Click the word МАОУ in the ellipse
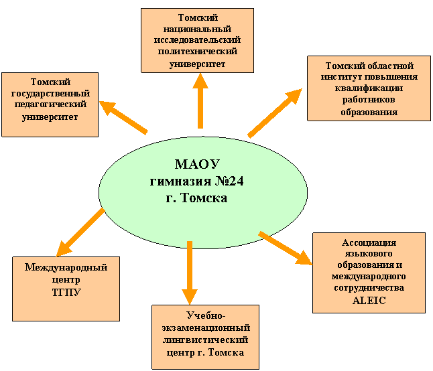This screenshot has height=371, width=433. (197, 164)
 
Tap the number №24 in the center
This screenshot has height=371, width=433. (229, 181)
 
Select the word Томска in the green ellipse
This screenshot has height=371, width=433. (204, 198)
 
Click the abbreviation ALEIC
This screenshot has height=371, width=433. (369, 301)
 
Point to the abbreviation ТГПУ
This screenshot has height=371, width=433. (66, 293)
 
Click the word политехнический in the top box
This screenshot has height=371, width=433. (198, 52)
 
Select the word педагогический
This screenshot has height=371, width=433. (50, 105)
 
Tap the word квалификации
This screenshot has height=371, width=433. (369, 88)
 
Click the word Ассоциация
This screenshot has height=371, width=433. (369, 242)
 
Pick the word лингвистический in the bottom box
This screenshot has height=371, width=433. (206, 340)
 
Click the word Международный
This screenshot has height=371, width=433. (66, 267)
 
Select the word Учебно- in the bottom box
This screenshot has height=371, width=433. (206, 315)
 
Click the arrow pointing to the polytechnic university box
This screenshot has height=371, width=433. (200, 101)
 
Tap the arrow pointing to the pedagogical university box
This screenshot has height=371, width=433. (123, 117)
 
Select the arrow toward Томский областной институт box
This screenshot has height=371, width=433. (275, 113)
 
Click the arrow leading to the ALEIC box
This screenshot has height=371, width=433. (286, 248)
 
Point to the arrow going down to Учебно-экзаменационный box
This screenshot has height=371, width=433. (190, 273)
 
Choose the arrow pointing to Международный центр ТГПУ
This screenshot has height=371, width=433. (80, 232)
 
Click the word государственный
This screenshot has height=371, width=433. (50, 94)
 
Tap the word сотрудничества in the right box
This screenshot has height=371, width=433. (369, 288)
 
